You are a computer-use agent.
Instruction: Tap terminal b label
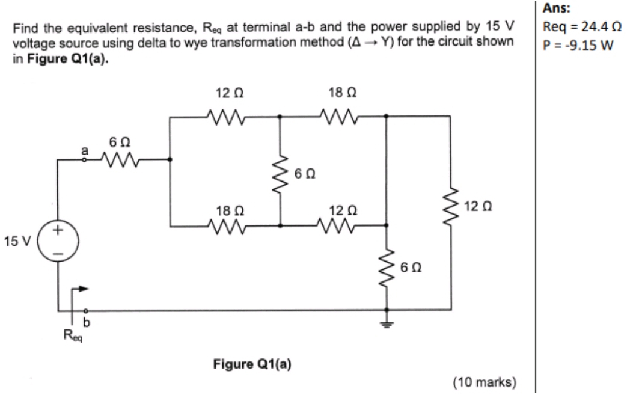click(x=86, y=322)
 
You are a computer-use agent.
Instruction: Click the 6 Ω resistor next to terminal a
click(x=117, y=160)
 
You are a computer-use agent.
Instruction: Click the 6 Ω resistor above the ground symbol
click(x=386, y=266)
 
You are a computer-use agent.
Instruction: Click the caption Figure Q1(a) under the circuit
click(x=252, y=364)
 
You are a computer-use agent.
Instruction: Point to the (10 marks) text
click(x=483, y=381)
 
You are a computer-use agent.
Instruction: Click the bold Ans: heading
click(x=554, y=8)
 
